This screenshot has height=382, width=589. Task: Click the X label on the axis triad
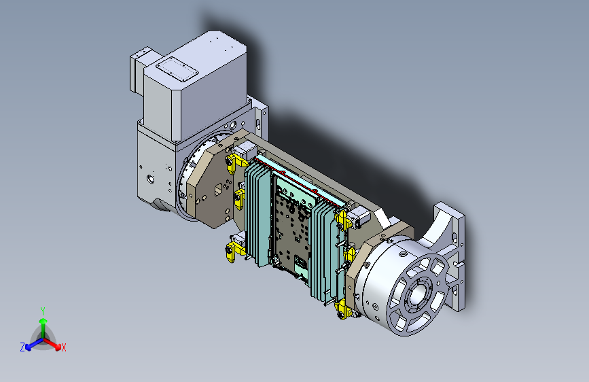tap(63, 348)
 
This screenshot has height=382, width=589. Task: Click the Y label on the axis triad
tap(43, 311)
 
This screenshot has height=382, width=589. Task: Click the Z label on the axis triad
tap(22, 347)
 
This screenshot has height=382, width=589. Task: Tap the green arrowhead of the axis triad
tap(43, 321)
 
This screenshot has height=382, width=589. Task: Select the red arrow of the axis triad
tap(52, 344)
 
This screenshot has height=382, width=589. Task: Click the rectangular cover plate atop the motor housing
tap(177, 69)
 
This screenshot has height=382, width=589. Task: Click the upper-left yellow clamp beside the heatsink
tap(236, 163)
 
